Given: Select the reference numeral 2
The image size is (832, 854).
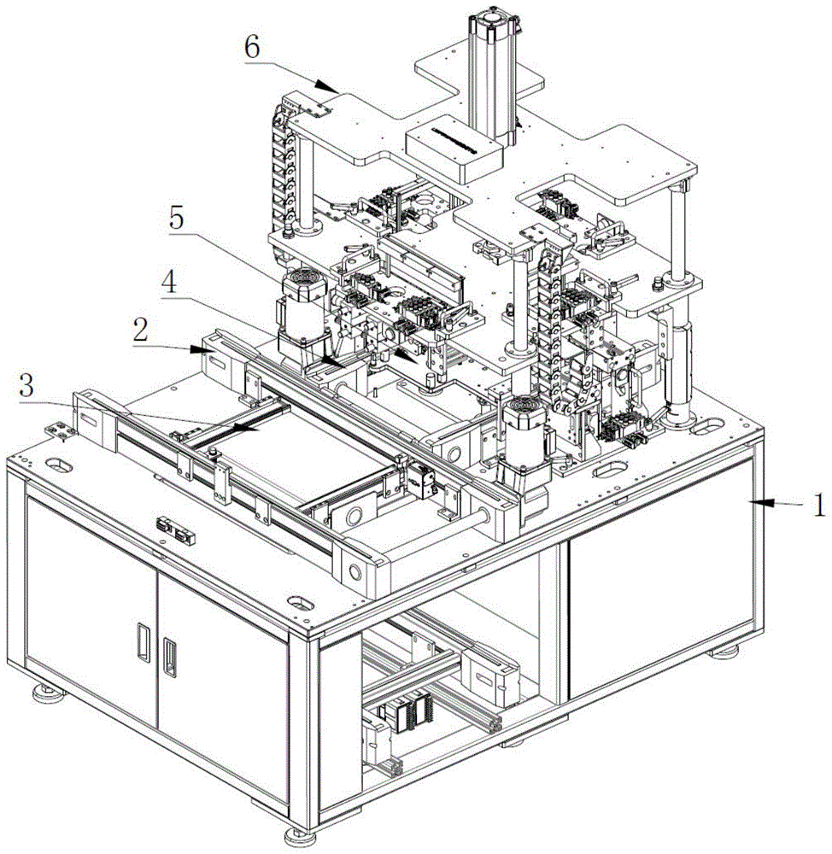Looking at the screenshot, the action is click(x=141, y=330).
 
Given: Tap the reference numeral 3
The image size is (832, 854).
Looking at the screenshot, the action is click(x=26, y=386).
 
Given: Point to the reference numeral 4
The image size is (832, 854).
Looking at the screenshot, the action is click(x=169, y=282).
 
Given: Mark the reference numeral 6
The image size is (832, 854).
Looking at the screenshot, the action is click(x=252, y=47).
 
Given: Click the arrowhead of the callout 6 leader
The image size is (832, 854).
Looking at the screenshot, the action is click(x=326, y=86).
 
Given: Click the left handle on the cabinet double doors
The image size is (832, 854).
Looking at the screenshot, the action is click(x=144, y=642).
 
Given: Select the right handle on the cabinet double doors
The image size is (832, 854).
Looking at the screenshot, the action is click(x=170, y=656).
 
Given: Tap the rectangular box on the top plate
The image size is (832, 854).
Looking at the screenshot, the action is click(x=454, y=148).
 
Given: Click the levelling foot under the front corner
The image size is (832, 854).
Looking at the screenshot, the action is click(x=296, y=835).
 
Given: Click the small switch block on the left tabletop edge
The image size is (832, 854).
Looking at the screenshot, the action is click(x=175, y=530).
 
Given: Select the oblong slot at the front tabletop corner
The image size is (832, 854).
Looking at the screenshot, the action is click(x=301, y=602).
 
